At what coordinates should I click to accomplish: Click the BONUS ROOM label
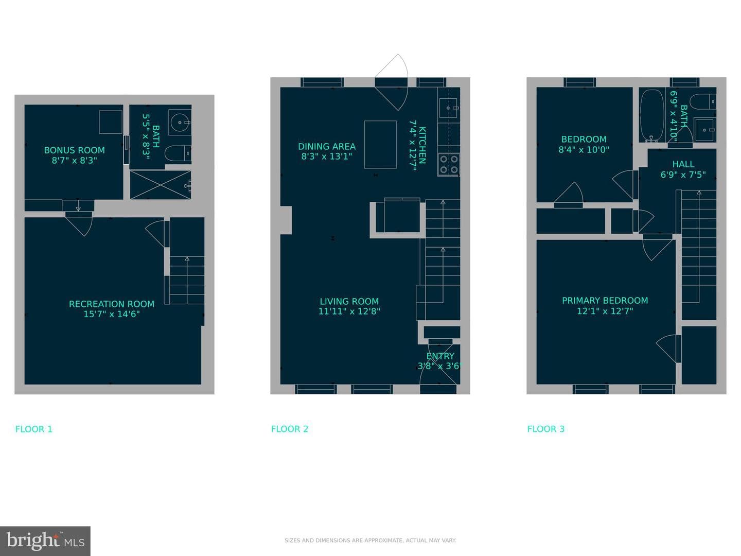(x=74, y=150)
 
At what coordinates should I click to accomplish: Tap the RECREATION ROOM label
(x=112, y=304)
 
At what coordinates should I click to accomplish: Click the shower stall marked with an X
(x=161, y=185)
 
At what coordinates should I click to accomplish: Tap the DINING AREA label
(x=327, y=147)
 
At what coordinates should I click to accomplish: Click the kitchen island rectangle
(x=380, y=145)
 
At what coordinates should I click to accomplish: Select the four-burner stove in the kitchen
(x=449, y=164)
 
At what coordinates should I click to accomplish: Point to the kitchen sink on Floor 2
(x=448, y=108)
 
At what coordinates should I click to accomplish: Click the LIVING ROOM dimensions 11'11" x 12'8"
(x=349, y=311)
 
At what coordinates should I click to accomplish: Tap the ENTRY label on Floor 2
(x=440, y=356)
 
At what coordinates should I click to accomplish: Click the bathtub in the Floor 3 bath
(x=652, y=115)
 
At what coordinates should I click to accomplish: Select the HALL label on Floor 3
(x=683, y=164)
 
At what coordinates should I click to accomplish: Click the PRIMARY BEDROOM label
(x=605, y=301)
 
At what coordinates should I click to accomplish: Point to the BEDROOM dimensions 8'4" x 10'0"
(x=584, y=149)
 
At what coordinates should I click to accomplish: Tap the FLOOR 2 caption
(x=290, y=429)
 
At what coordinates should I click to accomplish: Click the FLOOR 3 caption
(x=546, y=429)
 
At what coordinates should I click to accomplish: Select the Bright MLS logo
(x=45, y=541)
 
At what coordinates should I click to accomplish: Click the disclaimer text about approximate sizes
(x=370, y=541)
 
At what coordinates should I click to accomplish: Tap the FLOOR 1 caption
(x=34, y=429)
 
